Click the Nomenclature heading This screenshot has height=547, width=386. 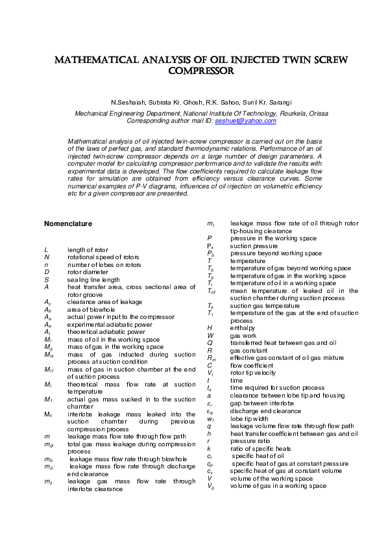point(68,223)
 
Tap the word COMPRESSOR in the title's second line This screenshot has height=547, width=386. point(193,71)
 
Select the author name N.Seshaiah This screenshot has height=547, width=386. point(127,103)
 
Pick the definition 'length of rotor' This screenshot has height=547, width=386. point(88,249)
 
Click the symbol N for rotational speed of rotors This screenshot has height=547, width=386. point(47,257)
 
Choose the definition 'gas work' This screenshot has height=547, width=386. point(243,335)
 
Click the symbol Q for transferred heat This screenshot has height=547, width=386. point(210,342)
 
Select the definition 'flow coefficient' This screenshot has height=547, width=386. point(251,365)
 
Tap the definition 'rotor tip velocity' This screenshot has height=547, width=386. point(253,373)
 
